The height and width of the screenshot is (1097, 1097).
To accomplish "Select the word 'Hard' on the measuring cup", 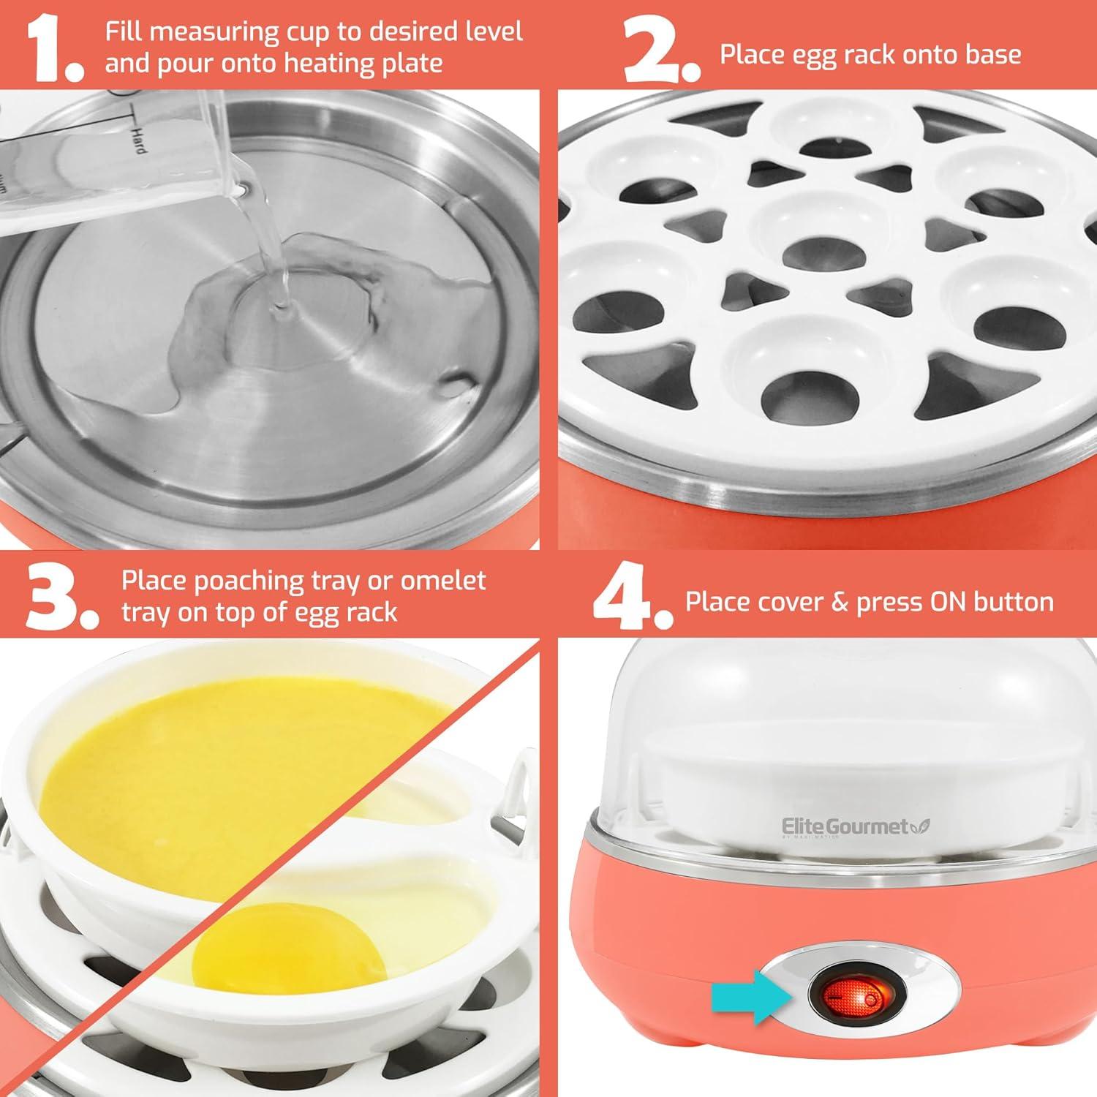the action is tap(137, 139).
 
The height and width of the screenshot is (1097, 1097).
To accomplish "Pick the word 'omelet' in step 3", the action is tap(443, 581).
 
